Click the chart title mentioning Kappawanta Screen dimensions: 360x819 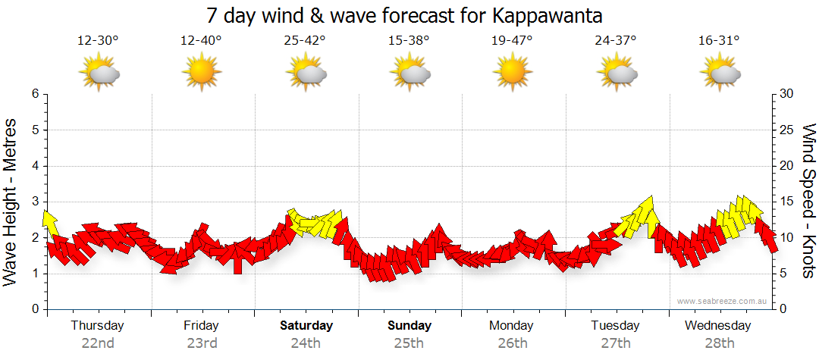point(409,16)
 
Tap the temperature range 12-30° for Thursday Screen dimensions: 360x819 point(98,41)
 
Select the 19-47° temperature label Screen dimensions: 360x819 point(512,41)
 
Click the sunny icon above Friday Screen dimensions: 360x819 point(201,73)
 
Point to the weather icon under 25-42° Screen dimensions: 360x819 point(306,73)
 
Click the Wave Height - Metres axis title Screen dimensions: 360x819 point(11,202)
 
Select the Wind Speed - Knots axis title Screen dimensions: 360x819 point(808,202)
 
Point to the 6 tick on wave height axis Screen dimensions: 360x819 point(35,94)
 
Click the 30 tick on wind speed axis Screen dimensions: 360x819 point(787,94)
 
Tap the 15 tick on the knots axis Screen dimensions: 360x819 point(787,202)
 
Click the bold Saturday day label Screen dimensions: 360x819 point(306,326)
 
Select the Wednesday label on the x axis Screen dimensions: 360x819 point(717,326)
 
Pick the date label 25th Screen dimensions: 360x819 point(409,343)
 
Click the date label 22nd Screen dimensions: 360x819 point(98,343)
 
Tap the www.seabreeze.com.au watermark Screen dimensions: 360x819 point(723,301)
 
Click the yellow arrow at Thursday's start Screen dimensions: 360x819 point(50,222)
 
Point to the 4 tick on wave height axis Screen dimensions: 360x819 point(35,166)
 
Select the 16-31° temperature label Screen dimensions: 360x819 point(719,41)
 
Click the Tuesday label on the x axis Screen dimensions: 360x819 point(615,326)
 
